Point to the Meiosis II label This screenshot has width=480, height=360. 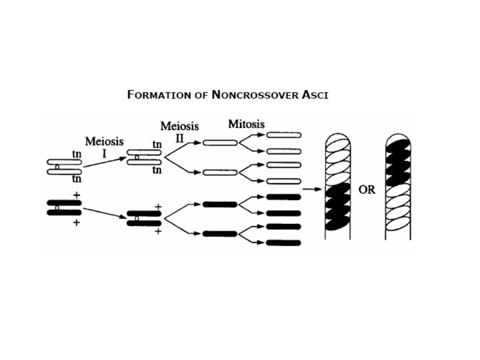point(179,133)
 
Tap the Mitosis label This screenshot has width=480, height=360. point(246,125)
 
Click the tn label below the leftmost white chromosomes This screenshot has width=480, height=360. point(76,179)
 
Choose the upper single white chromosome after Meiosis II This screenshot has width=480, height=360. point(220,142)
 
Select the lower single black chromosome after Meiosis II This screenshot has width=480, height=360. point(220,234)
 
